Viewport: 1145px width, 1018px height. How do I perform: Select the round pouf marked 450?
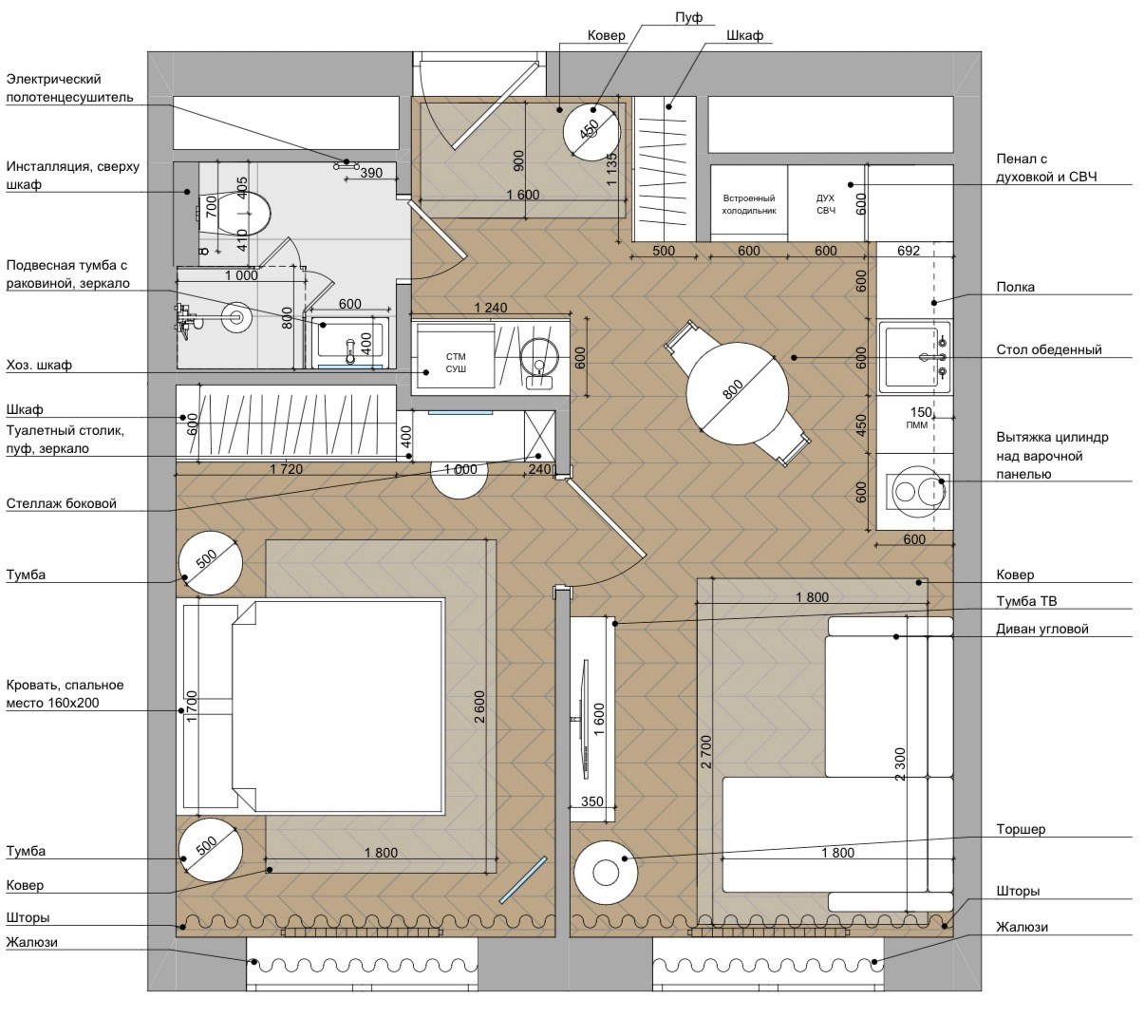591,132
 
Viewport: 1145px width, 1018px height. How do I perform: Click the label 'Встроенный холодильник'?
749,204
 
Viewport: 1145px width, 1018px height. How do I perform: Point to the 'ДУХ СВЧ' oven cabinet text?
826,204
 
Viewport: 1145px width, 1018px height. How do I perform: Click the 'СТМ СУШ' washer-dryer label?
456,363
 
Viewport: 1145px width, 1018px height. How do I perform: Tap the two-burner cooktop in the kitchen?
917,491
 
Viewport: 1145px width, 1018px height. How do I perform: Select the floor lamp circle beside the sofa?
606,873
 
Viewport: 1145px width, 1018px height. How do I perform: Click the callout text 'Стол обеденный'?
1049,349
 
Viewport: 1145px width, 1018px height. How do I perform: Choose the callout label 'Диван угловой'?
1042,629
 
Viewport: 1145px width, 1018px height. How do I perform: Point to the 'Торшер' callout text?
1021,829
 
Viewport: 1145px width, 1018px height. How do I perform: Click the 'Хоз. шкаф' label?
39,365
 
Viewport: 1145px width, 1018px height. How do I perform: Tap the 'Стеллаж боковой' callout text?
61,503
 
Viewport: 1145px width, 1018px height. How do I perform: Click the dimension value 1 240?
491,308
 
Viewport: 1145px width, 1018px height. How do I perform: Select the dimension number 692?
909,251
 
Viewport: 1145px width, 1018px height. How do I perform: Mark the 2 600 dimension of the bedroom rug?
479,707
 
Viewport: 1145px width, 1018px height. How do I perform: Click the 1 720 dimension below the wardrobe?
286,468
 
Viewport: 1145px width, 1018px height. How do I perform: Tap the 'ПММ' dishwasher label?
916,424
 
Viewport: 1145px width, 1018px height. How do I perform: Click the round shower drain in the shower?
235,316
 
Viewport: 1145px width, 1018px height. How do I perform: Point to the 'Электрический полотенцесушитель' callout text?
69,88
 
